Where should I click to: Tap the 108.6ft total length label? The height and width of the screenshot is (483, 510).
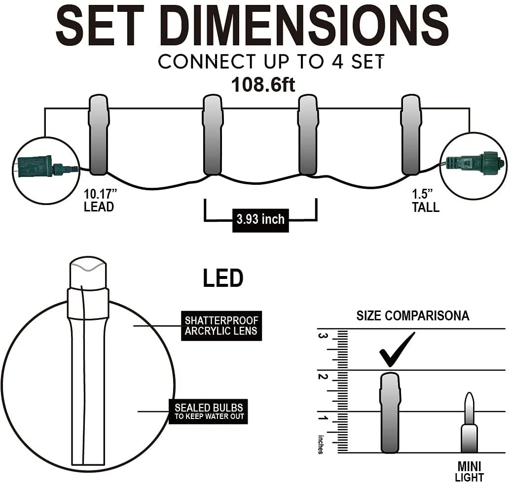click(x=263, y=84)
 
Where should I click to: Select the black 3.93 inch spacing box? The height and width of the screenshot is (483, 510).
click(x=260, y=220)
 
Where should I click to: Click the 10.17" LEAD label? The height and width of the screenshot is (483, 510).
click(x=100, y=200)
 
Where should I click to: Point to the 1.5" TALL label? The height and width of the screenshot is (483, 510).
click(x=426, y=201)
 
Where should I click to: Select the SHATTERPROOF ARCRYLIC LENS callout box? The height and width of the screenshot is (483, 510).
click(x=221, y=326)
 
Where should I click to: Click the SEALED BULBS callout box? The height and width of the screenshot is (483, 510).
click(x=208, y=412)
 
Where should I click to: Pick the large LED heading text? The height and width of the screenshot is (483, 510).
click(x=223, y=278)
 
